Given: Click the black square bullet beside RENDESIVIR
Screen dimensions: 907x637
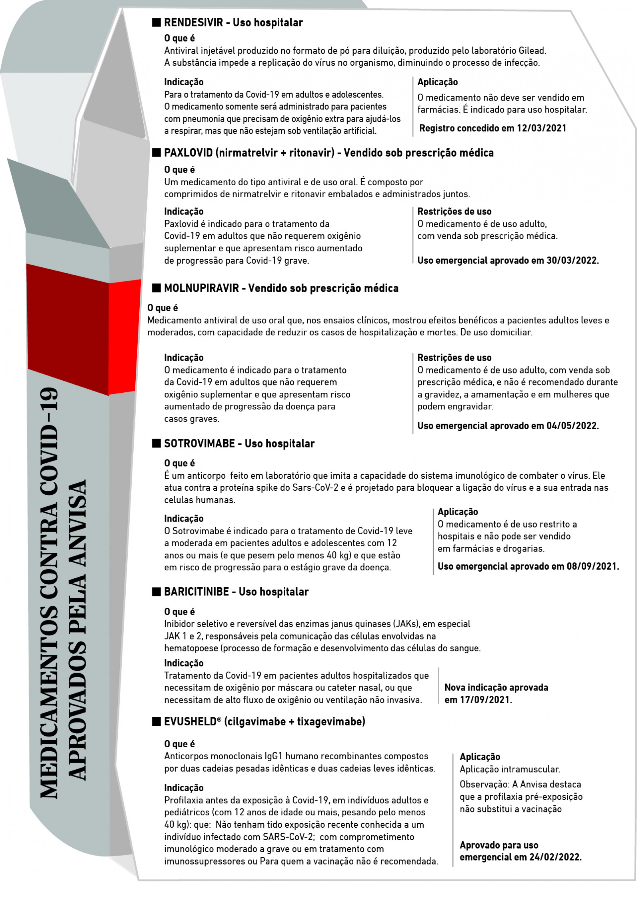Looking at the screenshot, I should pos(156,22).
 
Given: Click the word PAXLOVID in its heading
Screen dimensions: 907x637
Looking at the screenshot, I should pos(188,153).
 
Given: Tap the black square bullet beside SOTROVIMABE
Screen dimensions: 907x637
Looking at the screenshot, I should pos(156,443).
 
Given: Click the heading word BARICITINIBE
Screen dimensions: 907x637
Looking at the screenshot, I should pos(196,591).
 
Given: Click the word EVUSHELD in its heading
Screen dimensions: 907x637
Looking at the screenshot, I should pos(190,721).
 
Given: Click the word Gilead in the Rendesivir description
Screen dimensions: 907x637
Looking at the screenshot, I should pos(531,50).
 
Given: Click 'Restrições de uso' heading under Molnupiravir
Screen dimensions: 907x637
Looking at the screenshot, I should pos(454,358).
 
